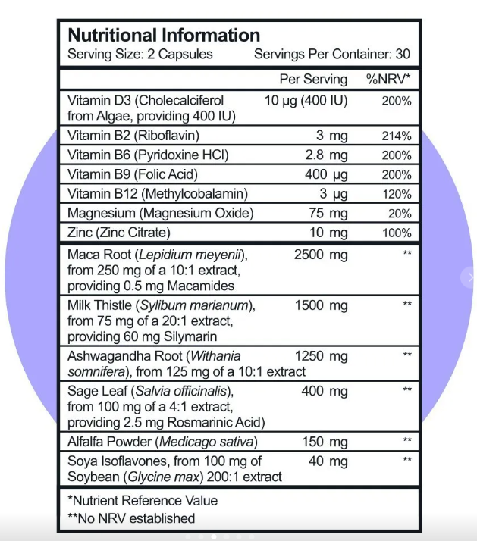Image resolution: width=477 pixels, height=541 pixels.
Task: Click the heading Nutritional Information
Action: pos(164,36)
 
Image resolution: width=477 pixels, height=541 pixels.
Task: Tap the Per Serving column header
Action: pos(313,79)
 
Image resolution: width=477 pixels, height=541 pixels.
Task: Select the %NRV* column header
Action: pos(388,79)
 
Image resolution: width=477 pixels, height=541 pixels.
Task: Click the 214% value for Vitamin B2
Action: pos(397,136)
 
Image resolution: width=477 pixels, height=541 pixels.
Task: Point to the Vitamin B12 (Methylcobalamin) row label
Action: pos(157,194)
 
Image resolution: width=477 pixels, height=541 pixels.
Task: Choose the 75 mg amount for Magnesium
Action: pos(328,214)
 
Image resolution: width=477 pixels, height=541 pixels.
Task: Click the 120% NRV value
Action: pos(397,194)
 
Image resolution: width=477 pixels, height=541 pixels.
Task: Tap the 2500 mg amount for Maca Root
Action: pos(320,255)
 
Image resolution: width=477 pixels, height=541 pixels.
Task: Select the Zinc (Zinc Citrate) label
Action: pos(118,233)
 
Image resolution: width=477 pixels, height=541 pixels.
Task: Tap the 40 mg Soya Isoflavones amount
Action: pos(328,461)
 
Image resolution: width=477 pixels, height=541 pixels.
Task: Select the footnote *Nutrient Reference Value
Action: pos(143,500)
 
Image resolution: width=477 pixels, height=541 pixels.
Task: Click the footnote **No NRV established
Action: pos(131,518)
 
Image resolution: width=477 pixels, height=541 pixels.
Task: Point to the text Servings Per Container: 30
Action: pos(332,55)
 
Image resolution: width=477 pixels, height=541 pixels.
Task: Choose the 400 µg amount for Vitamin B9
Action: pos(325,175)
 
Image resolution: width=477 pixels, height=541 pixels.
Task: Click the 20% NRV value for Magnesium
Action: pos(399,214)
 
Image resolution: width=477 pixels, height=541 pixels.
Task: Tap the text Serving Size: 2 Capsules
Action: pos(140,55)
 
